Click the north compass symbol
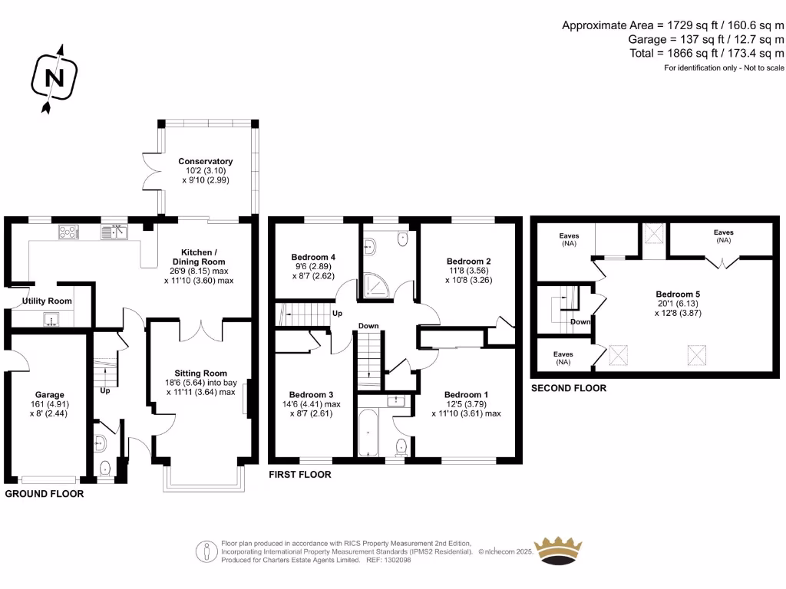click(52, 78)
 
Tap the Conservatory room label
click(205, 161)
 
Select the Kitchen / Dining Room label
click(199, 257)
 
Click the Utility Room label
click(47, 301)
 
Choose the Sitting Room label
click(200, 373)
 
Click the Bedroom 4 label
click(313, 257)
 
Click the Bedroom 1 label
click(466, 395)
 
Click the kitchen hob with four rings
click(67, 230)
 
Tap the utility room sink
click(51, 319)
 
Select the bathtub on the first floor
click(369, 434)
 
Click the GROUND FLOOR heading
click(45, 494)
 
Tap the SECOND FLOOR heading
click(569, 388)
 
